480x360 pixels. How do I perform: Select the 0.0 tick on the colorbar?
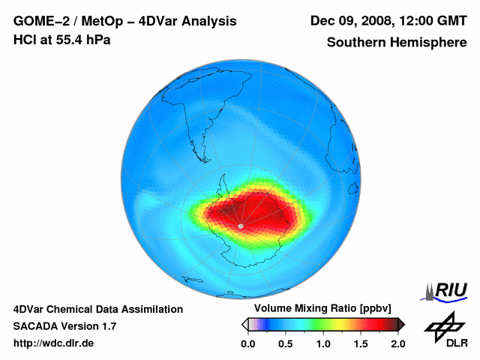pyautogui.click(x=247, y=343)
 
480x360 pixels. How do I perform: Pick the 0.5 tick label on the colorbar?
pyautogui.click(x=285, y=343)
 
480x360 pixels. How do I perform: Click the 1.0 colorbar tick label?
pyautogui.click(x=322, y=343)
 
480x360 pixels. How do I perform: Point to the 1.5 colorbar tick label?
pyautogui.click(x=361, y=343)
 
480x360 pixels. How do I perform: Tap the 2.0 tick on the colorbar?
pyautogui.click(x=397, y=343)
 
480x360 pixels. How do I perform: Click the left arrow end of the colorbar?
pyautogui.click(x=244, y=324)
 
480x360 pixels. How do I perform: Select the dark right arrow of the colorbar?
pyautogui.click(x=401, y=324)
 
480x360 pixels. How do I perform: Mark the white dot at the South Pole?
pyautogui.click(x=241, y=225)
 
